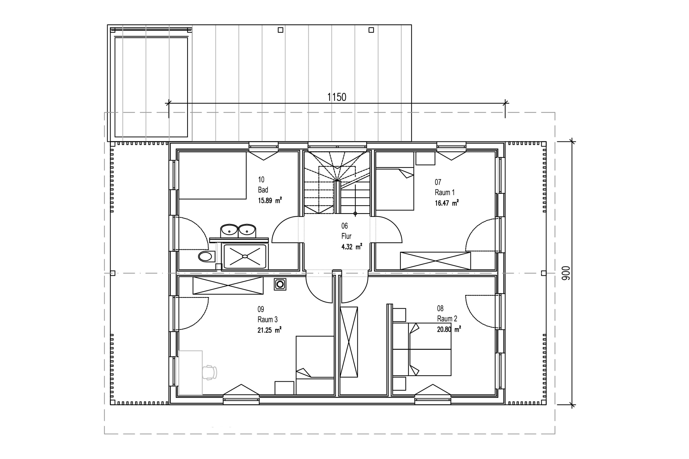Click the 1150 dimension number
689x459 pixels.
tap(337, 97)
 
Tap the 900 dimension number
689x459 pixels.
tap(566, 273)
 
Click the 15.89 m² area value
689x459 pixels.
tap(270, 200)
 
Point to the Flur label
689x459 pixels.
tap(346, 236)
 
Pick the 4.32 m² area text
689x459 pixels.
tap(352, 247)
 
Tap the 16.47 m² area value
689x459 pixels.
tap(447, 203)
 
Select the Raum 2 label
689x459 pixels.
tap(447, 319)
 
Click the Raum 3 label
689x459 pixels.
tap(267, 319)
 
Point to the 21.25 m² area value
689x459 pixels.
tap(270, 330)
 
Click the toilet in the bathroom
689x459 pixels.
tap(206, 256)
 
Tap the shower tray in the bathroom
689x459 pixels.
tap(245, 256)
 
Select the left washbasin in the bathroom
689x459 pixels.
tap(229, 231)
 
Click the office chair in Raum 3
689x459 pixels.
tap(210, 373)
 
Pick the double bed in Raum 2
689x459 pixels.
tap(422, 349)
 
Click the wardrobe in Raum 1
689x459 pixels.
tap(435, 260)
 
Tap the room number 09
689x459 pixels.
tap(261, 309)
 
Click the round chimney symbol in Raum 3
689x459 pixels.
tap(280, 284)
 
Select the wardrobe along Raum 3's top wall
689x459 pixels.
tap(228, 286)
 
